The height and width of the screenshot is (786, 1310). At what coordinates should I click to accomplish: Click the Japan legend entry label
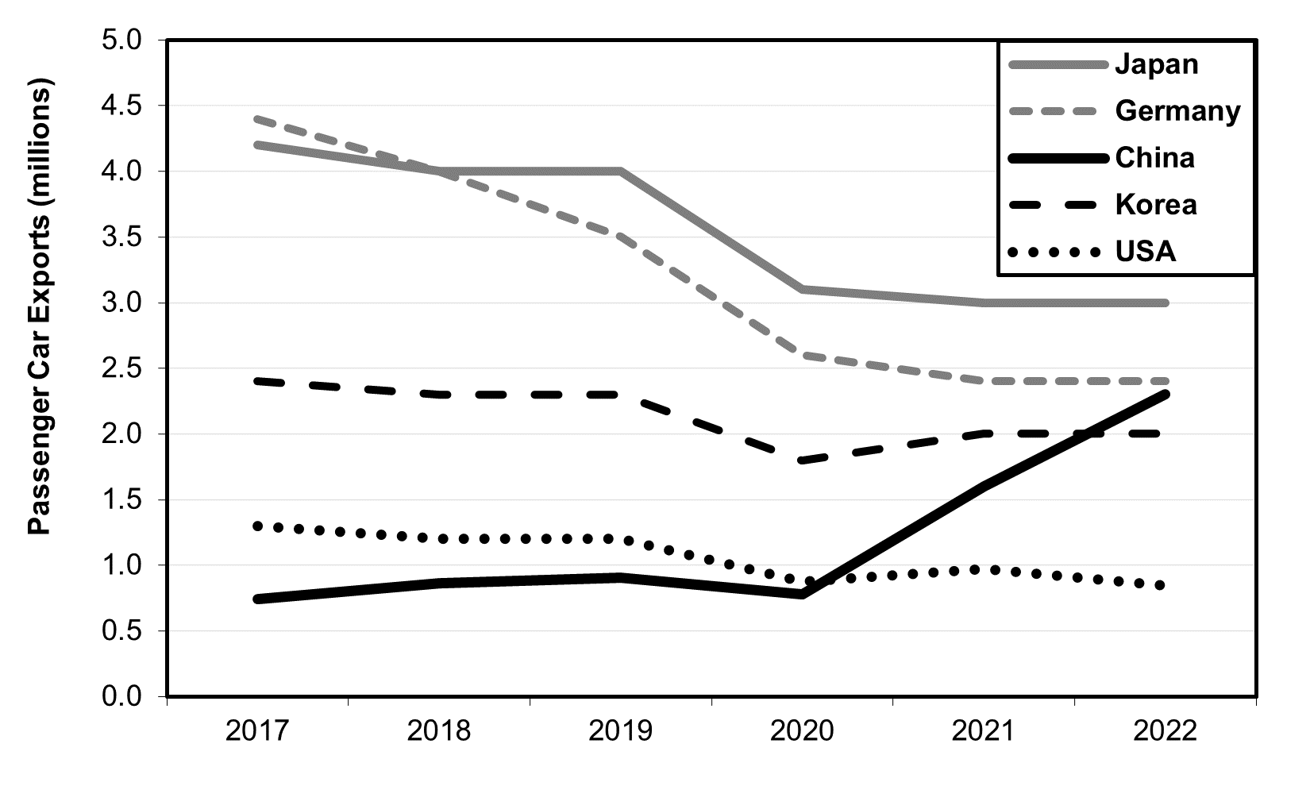1156,64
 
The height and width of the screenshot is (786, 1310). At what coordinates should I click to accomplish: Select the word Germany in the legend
1177,110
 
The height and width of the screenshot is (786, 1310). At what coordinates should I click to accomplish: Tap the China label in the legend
1154,158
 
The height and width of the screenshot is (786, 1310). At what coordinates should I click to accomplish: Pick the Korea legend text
1156,205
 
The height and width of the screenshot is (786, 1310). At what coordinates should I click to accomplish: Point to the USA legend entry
1145,252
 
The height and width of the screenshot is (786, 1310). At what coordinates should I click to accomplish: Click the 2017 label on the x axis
257,730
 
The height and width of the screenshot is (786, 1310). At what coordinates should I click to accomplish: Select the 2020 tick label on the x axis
802,730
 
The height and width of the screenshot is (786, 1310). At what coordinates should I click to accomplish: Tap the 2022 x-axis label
1165,730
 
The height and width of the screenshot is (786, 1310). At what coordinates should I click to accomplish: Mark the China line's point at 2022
1165,394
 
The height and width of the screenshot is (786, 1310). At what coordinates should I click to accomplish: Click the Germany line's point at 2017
257,119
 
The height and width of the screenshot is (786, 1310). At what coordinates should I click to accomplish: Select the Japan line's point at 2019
620,171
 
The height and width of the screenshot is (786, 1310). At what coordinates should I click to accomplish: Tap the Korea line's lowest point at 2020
802,460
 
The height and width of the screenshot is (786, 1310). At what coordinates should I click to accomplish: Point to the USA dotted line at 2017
257,526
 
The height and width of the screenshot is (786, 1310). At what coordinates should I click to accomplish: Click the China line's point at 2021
984,486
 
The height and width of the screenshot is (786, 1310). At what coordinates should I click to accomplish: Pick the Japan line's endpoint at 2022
1165,302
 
